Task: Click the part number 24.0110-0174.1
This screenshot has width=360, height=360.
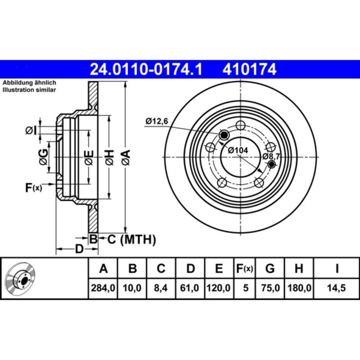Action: point(147,69)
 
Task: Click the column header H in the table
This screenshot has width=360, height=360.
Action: point(298,269)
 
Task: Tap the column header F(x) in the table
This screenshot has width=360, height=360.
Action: point(245,269)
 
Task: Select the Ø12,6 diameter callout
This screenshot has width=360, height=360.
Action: point(156,121)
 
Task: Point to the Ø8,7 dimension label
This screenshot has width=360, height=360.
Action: point(271,156)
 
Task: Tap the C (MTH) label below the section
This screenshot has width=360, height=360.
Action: point(131,239)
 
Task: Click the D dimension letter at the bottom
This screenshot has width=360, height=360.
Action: point(79,249)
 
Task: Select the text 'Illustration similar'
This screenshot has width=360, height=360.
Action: point(29,90)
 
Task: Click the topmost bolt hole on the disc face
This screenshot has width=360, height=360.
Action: point(241,126)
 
